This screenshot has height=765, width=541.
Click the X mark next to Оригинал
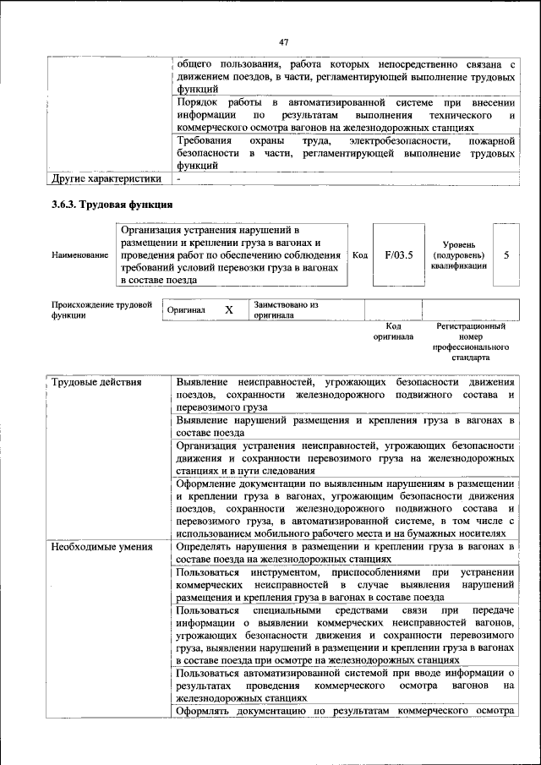pyautogui.click(x=228, y=310)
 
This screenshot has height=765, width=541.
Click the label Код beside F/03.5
pyautogui.click(x=359, y=254)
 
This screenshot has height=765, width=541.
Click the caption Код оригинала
pyautogui.click(x=393, y=331)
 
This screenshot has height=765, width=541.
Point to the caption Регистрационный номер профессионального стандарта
pyautogui.click(x=471, y=342)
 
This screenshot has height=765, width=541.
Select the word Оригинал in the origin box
pyautogui.click(x=187, y=310)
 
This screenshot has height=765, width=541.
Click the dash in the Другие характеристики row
pyautogui.click(x=179, y=179)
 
